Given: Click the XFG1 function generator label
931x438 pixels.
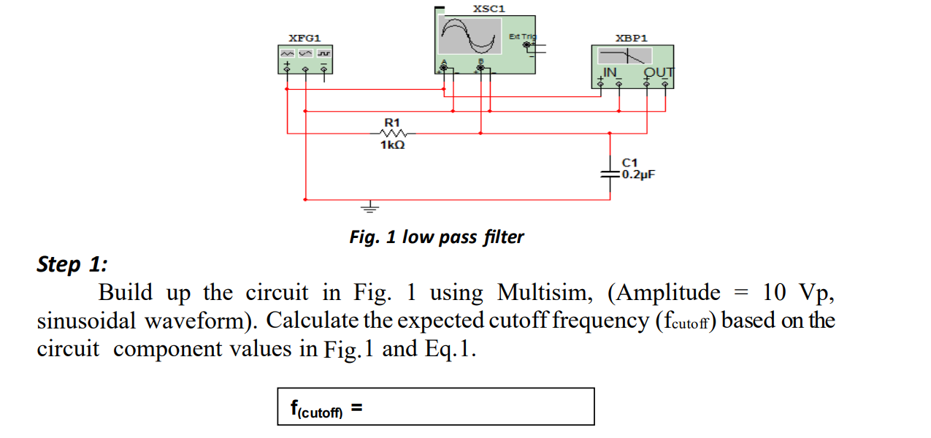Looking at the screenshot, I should pyautogui.click(x=304, y=37).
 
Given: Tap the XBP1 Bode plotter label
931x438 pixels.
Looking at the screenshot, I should pyautogui.click(x=632, y=37).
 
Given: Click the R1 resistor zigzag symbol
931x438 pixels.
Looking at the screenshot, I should pyautogui.click(x=392, y=134).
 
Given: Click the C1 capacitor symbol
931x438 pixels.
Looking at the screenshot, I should pyautogui.click(x=610, y=175).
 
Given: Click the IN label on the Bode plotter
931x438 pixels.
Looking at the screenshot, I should pyautogui.click(x=610, y=72).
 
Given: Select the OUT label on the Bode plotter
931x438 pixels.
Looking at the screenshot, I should pyautogui.click(x=659, y=72).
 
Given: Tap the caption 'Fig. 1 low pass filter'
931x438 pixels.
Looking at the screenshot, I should pyautogui.click(x=436, y=237).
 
